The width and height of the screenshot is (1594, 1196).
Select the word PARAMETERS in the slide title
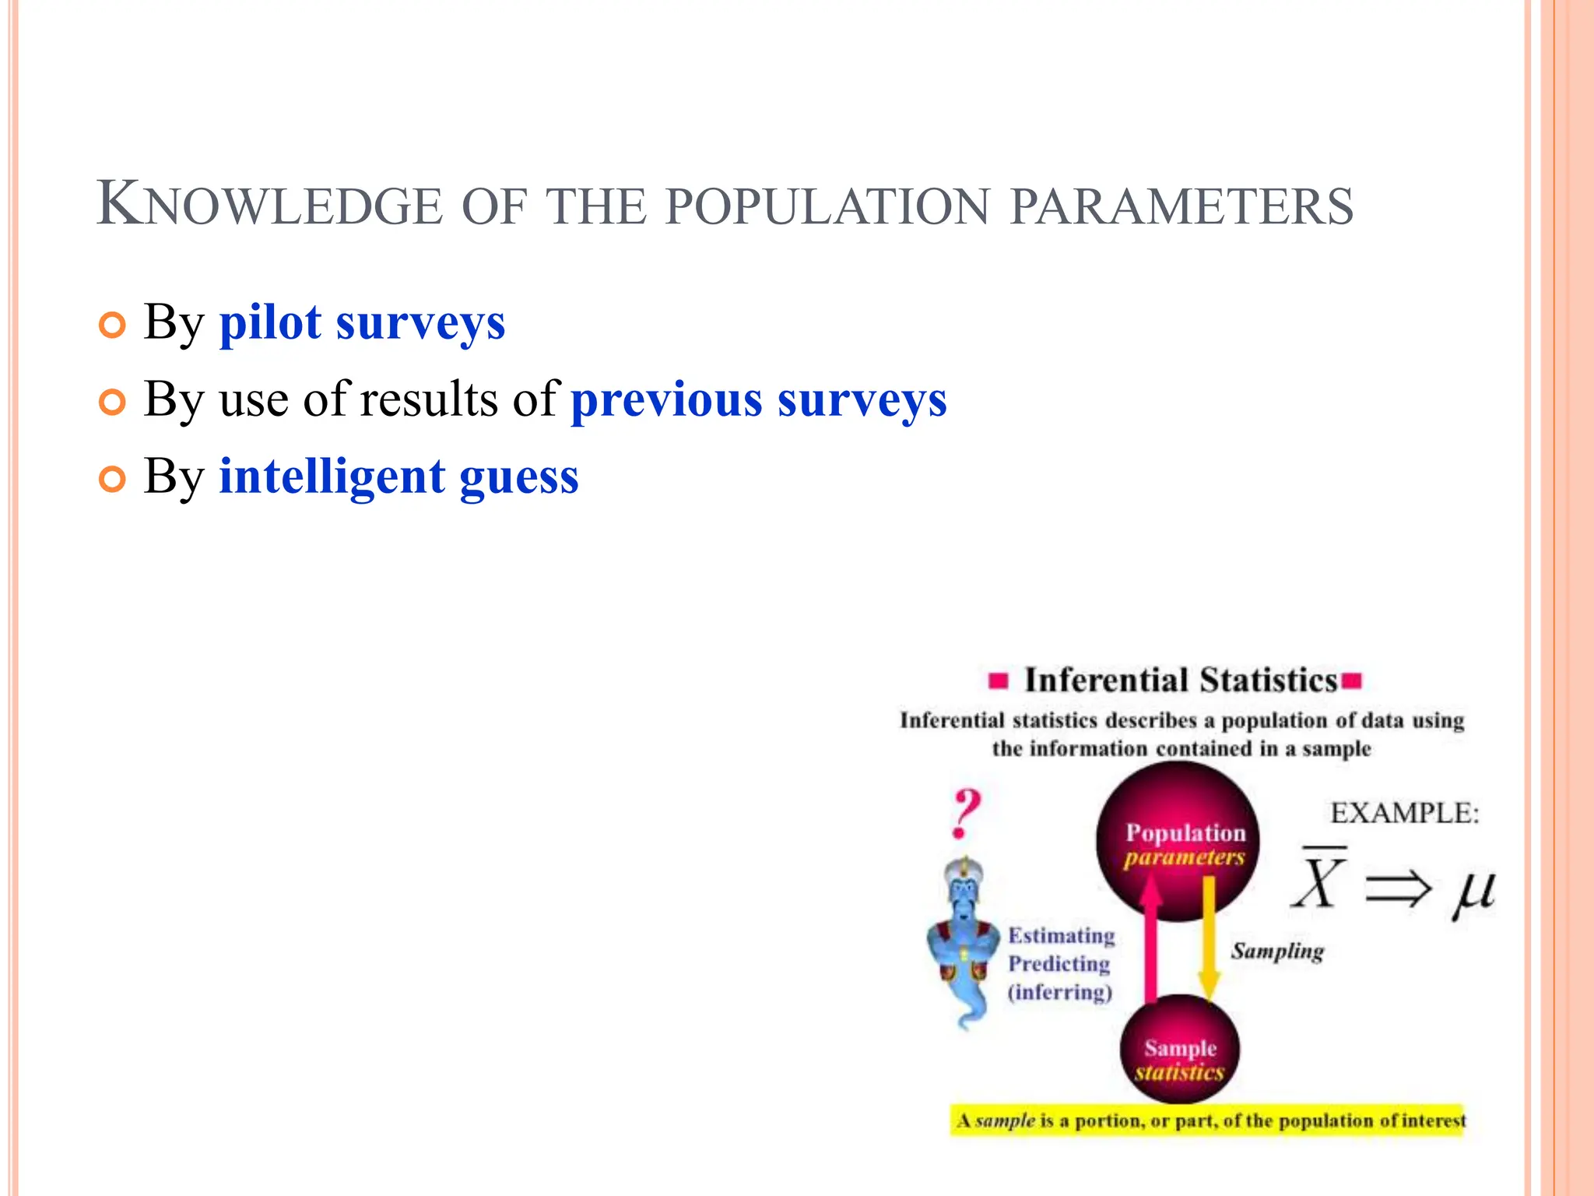[1181, 206]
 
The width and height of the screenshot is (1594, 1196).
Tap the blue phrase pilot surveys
[362, 322]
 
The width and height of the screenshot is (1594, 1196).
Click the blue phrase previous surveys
[759, 399]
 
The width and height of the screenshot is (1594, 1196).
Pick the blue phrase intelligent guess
[398, 477]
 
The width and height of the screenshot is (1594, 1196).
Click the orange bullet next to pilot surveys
[112, 325]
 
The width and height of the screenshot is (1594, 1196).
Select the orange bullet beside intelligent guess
[112, 480]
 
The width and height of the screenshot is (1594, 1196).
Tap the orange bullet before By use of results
[112, 403]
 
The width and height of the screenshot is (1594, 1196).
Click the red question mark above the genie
[966, 813]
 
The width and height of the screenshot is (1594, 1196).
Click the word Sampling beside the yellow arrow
[1277, 952]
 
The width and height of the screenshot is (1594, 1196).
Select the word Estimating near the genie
[1061, 935]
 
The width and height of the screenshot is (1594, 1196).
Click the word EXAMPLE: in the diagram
[1404, 813]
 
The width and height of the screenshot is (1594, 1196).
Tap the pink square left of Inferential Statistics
[998, 681]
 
